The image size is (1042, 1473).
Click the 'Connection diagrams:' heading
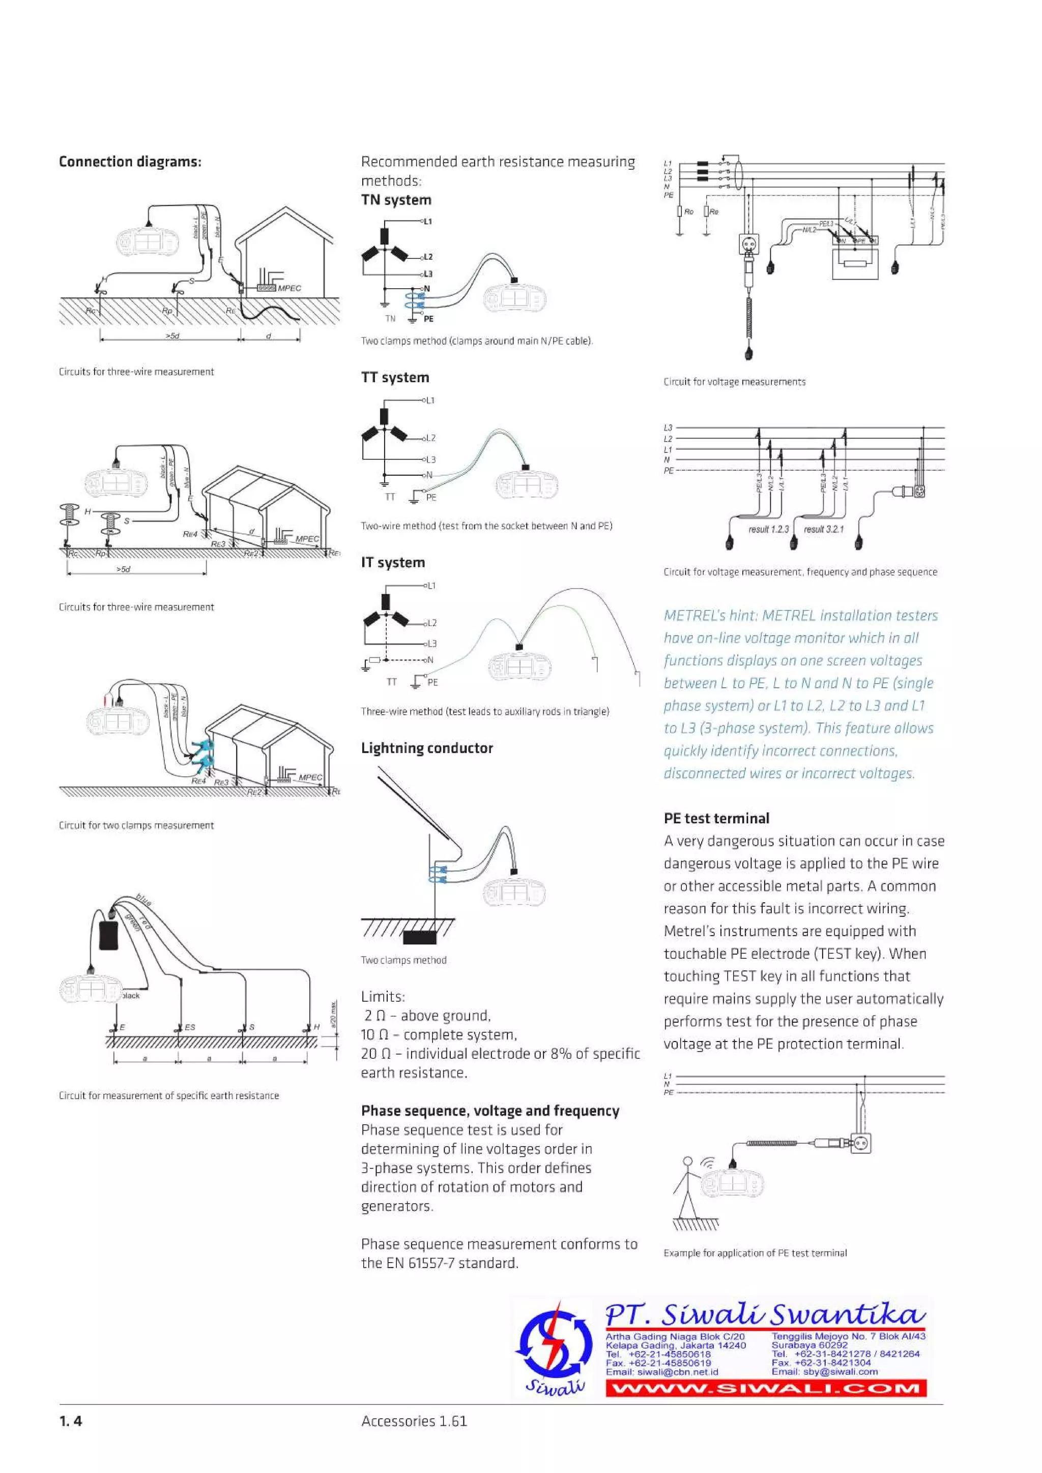[130, 162]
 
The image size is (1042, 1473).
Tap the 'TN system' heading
[396, 200]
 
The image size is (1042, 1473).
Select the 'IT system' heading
[393, 563]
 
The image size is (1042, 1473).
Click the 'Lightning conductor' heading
[427, 748]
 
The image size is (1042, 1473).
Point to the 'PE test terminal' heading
[716, 819]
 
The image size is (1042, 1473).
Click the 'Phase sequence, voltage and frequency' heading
[490, 1111]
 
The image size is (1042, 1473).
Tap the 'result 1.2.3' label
[768, 529]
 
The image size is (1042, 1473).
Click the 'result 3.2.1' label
[824, 529]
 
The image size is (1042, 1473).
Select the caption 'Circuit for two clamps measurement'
[136, 825]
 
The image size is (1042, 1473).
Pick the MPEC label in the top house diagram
[289, 288]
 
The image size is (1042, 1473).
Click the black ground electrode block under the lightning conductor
[420, 938]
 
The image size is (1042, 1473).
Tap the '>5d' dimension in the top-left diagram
[172, 335]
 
